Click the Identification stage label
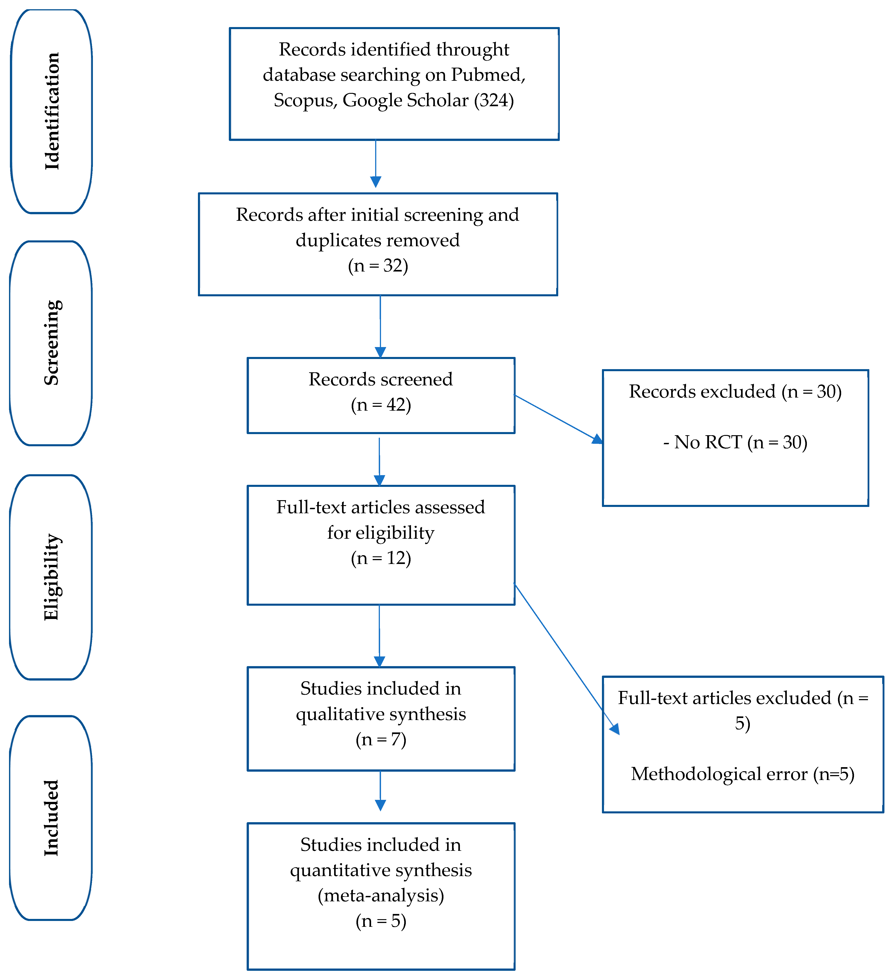pyautogui.click(x=51, y=111)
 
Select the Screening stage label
pyautogui.click(x=51, y=343)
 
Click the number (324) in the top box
pyautogui.click(x=494, y=100)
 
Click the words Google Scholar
pyautogui.click(x=406, y=100)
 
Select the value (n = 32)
pyautogui.click(x=378, y=266)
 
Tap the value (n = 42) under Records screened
pyautogui.click(x=381, y=405)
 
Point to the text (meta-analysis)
pyautogui.click(x=381, y=895)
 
